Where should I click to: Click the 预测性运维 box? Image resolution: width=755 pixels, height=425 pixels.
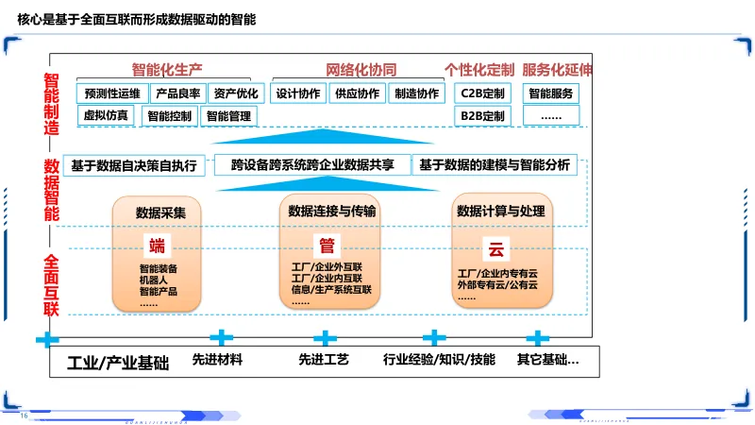click(x=112, y=93)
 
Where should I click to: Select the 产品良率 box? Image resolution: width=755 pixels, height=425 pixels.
click(x=177, y=93)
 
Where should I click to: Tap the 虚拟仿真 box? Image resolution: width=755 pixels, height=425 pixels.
click(x=107, y=116)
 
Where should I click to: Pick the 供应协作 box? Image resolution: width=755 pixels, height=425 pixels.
click(x=358, y=93)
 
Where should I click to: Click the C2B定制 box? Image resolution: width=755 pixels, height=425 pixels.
click(x=481, y=93)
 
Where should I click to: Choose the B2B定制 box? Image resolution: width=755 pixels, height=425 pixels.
click(x=481, y=116)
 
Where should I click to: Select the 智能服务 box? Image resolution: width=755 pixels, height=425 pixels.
click(x=551, y=93)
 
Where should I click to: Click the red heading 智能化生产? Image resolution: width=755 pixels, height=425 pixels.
click(x=167, y=70)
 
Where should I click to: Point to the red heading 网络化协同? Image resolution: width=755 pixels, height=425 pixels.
click(x=361, y=70)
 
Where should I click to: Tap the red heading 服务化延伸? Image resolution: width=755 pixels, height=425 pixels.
click(x=557, y=70)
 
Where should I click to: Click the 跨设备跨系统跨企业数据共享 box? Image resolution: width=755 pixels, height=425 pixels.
click(x=312, y=165)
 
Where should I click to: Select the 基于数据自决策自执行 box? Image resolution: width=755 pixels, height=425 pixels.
click(x=133, y=165)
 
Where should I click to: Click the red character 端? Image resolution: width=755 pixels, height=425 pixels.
click(x=157, y=247)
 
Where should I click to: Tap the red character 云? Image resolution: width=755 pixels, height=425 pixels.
click(x=495, y=249)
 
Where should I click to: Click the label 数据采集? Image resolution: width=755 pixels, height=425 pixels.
click(x=160, y=212)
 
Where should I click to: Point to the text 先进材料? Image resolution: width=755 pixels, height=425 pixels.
click(x=217, y=360)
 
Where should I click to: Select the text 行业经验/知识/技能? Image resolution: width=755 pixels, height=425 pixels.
click(x=439, y=360)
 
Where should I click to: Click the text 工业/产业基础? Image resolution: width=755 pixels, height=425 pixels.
click(x=118, y=362)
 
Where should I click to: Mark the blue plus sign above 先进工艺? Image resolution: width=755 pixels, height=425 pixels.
click(x=325, y=337)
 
